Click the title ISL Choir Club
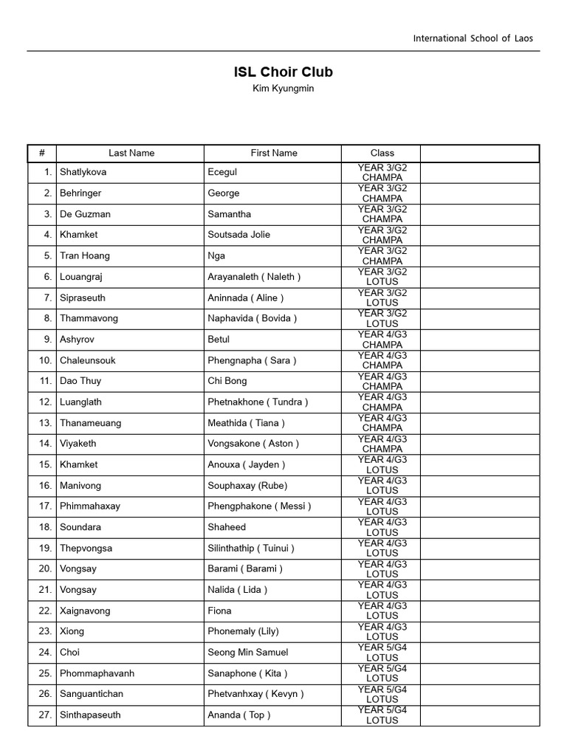283,72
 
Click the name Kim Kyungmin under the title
283,89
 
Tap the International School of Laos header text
472,38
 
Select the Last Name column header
131,153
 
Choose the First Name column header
274,153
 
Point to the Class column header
382,153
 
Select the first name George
224,193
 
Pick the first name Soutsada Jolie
239,235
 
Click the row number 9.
47,340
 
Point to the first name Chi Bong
227,381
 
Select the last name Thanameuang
91,423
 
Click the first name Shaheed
227,527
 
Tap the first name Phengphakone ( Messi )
259,506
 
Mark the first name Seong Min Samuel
248,653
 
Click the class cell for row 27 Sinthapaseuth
382,715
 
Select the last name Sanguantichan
97,694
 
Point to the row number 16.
45,486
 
